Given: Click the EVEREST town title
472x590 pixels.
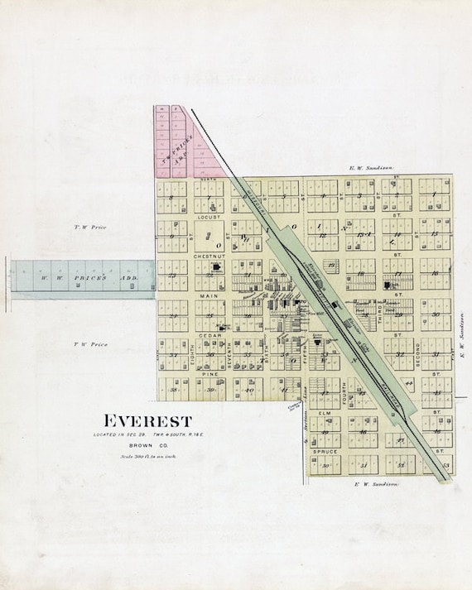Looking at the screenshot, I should click(147, 420).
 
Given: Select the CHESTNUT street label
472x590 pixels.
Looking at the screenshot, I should click(210, 256).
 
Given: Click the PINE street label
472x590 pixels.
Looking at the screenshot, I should click(210, 374).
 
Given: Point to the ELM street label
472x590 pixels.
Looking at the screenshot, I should click(325, 411).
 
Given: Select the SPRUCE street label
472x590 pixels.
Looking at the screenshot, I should click(325, 451).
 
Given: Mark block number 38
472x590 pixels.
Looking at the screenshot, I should click(174, 389).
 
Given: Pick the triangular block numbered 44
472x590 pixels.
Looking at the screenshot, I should click(409, 384).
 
